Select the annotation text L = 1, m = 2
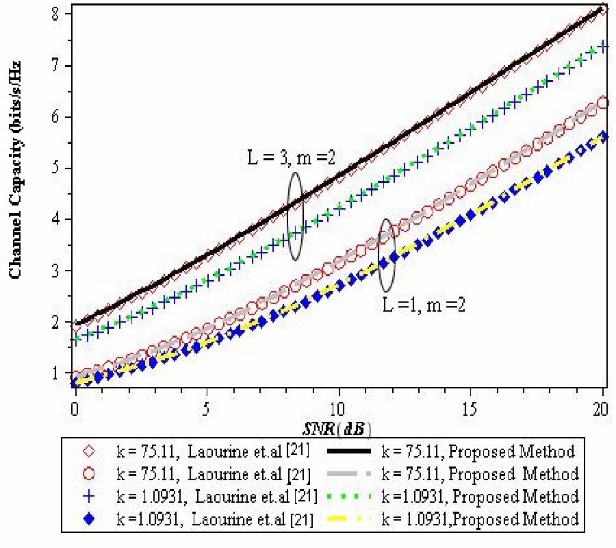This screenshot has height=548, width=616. (424, 304)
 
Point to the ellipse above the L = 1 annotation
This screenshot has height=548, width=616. (387, 256)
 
